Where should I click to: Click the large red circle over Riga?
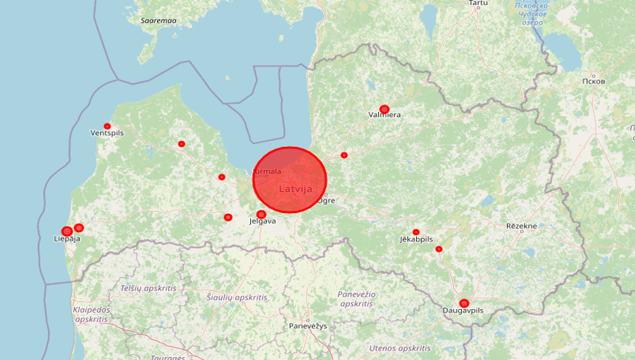[289, 180]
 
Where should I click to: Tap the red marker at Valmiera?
[384, 109]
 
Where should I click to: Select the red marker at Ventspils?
[108, 127]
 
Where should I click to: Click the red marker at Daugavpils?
[464, 303]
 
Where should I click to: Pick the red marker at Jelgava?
[261, 215]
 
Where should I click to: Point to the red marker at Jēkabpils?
[416, 232]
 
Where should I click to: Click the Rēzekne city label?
[522, 226]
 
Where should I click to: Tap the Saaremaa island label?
[159, 20]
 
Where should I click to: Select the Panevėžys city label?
[308, 326]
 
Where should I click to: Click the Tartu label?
[478, 4]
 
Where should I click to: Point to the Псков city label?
[594, 81]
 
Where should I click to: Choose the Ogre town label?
[327, 200]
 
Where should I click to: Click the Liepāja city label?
[67, 239]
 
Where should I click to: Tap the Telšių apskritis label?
[148, 288]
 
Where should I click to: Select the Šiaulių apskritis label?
[236, 297]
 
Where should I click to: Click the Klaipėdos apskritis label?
[91, 314]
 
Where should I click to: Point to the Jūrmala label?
[266, 172]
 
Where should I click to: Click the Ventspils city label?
[107, 134]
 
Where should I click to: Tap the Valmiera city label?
[385, 115]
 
